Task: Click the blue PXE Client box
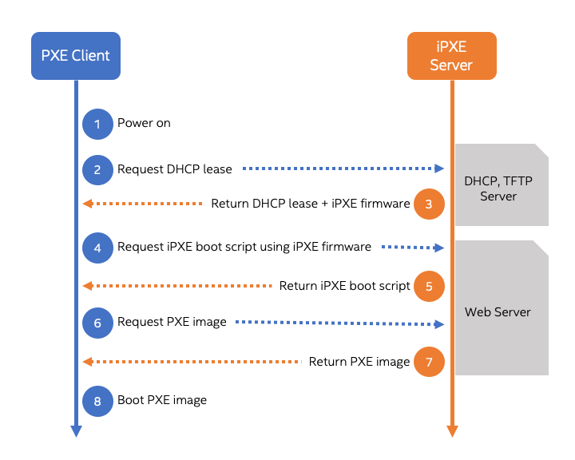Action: point(76,56)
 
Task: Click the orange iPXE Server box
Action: point(451,56)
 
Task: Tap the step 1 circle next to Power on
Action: point(97,124)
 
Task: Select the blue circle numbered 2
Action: point(97,169)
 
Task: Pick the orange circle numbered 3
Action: point(429,204)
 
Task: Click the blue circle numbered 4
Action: point(97,248)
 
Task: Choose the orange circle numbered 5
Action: point(429,286)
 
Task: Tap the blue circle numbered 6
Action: point(97,323)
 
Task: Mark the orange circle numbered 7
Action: point(429,362)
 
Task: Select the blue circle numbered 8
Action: point(97,400)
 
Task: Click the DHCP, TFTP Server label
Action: point(498,188)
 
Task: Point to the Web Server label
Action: point(498,312)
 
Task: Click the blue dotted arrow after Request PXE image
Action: point(339,323)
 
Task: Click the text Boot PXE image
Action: point(162,400)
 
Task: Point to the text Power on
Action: point(144,123)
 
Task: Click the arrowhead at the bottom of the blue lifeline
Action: point(76,431)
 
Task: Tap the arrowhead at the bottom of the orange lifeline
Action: point(452,431)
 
